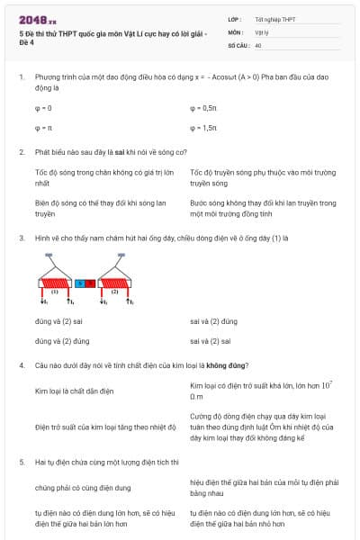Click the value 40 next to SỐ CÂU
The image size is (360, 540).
pyautogui.click(x=258, y=44)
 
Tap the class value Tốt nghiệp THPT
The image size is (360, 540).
pyautogui.click(x=274, y=19)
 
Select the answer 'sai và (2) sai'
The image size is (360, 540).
pyautogui.click(x=211, y=341)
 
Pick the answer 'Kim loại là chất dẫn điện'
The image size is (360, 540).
pyautogui.click(x=73, y=392)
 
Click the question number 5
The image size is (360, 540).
pyautogui.click(x=21, y=461)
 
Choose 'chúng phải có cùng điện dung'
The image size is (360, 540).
pyautogui.click(x=82, y=488)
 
